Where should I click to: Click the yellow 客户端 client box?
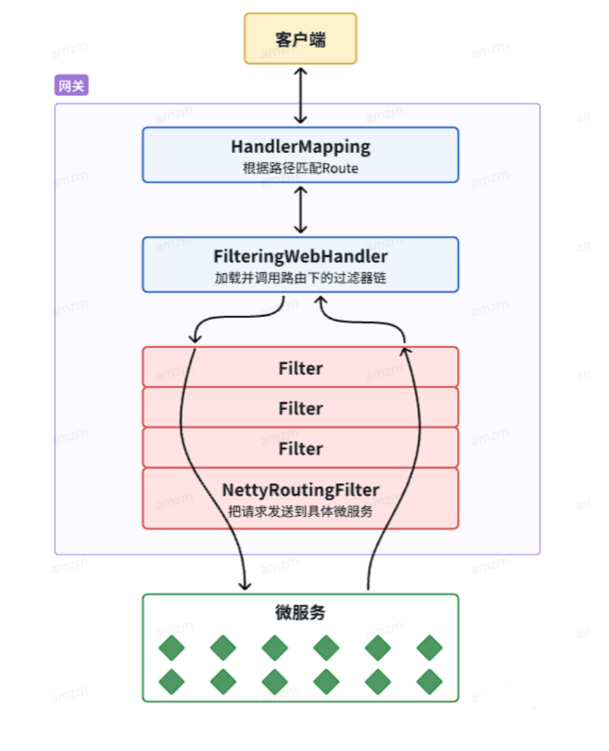pyautogui.click(x=300, y=39)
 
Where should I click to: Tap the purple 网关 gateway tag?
pyautogui.click(x=72, y=85)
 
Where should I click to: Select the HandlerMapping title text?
pyautogui.click(x=301, y=147)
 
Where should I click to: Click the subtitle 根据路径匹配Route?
pyautogui.click(x=301, y=168)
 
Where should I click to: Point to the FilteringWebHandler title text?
pyautogui.click(x=301, y=257)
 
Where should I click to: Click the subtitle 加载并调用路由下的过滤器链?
pyautogui.click(x=300, y=278)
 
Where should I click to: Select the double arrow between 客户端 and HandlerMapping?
pyautogui.click(x=301, y=95)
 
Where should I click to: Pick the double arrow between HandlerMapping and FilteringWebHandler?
pyautogui.click(x=301, y=210)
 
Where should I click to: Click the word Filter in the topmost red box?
pyautogui.click(x=301, y=368)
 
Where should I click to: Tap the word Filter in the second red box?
pyautogui.click(x=301, y=408)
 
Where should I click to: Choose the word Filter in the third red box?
pyautogui.click(x=301, y=448)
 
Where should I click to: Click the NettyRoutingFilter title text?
pyautogui.click(x=301, y=490)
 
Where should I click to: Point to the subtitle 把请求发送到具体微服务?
pyautogui.click(x=300, y=512)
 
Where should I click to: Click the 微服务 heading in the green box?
pyautogui.click(x=300, y=613)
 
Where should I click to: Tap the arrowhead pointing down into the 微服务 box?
pyautogui.click(x=245, y=586)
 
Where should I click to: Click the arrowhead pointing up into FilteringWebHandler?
pyautogui.click(x=321, y=300)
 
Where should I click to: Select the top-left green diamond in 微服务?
pyautogui.click(x=171, y=648)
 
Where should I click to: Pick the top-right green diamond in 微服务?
pyautogui.click(x=429, y=648)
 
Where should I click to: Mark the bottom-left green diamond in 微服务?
pyautogui.click(x=171, y=682)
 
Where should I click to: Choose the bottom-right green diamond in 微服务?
pyautogui.click(x=429, y=682)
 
